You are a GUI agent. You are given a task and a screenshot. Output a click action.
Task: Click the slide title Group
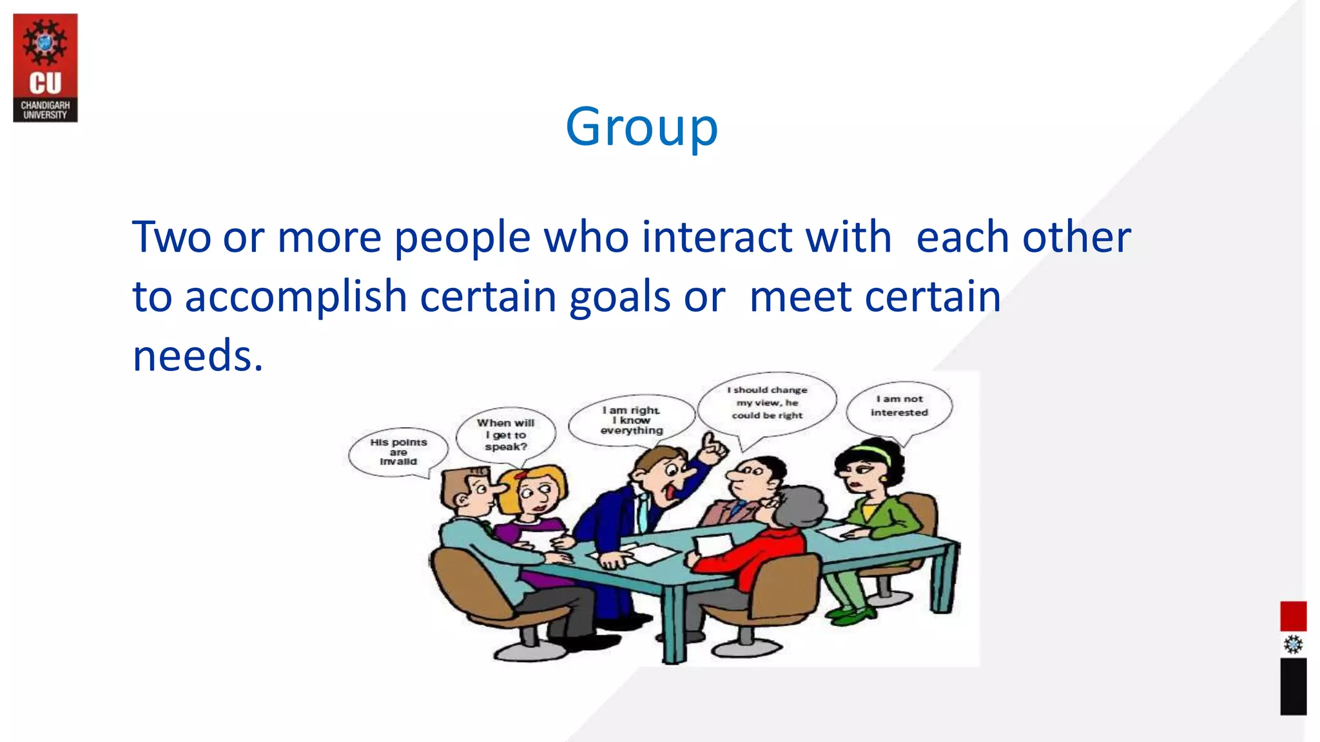click(x=641, y=128)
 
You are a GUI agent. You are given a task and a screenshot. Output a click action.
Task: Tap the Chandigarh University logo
click(x=45, y=68)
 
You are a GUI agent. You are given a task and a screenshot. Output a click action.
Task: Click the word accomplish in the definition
click(x=295, y=297)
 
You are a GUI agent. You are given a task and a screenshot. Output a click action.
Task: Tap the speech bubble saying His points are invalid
click(x=398, y=452)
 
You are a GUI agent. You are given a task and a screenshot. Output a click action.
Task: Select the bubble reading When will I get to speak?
click(x=506, y=435)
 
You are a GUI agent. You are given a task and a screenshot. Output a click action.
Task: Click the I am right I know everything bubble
click(x=631, y=420)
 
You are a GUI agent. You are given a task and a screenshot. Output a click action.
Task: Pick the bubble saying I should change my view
click(x=767, y=403)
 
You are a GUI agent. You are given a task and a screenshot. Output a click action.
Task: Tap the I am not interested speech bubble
click(x=899, y=406)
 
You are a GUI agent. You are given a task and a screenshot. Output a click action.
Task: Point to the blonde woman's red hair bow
click(x=521, y=475)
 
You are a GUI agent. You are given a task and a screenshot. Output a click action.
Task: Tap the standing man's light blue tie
click(x=643, y=512)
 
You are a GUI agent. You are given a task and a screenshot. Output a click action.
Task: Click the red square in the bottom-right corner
click(x=1293, y=616)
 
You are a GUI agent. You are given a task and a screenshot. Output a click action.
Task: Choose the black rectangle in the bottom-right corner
click(x=1293, y=686)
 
